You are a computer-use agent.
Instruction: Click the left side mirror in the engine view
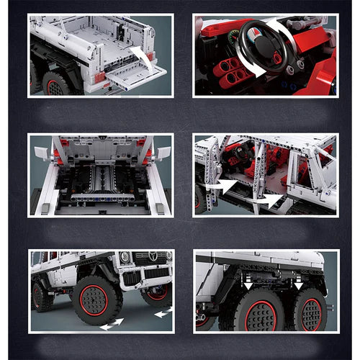41,153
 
